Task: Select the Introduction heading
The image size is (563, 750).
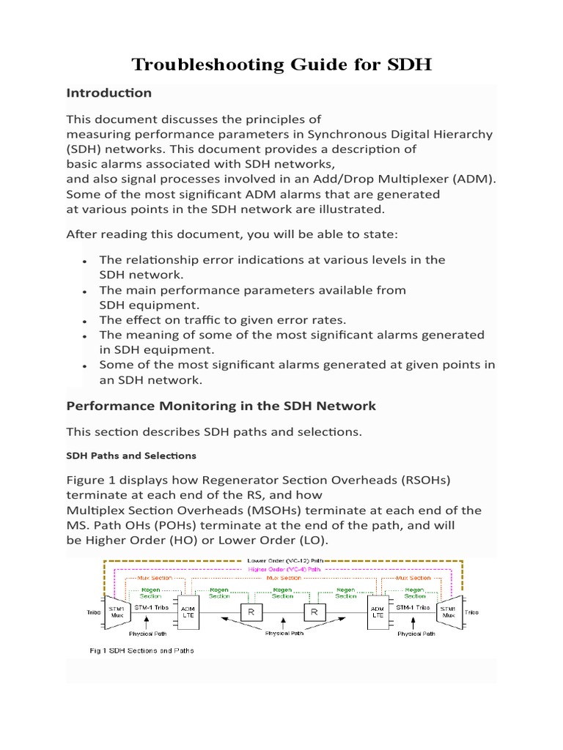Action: (x=108, y=93)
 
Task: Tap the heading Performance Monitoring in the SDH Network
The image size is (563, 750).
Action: (x=221, y=406)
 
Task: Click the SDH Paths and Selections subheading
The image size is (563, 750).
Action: (x=131, y=456)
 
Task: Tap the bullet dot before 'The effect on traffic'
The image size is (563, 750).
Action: (x=86, y=321)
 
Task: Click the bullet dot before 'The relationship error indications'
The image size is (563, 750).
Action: (x=86, y=261)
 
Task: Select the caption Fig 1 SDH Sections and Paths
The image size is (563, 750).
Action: (x=141, y=650)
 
